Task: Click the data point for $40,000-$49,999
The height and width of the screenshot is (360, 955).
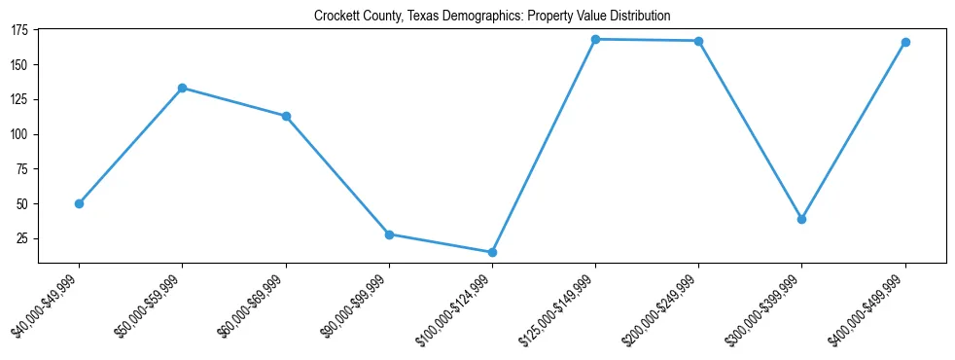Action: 79,203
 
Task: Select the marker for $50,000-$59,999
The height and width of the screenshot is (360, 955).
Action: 182,88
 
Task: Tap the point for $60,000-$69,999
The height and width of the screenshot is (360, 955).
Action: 286,116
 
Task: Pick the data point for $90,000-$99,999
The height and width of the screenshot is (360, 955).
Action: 389,234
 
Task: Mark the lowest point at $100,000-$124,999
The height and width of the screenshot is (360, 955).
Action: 492,252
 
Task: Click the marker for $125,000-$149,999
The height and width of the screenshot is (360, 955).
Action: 595,39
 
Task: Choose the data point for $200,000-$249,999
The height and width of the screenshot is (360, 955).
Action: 698,41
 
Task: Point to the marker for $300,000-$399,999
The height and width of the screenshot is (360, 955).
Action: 802,219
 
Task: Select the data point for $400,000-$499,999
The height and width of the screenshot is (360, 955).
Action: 905,42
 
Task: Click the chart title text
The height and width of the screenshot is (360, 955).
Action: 492,17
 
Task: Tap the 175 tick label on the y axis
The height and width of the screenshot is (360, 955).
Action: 19,30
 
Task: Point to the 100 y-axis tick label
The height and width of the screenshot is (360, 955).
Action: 19,134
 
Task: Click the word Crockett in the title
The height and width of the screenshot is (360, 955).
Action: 336,17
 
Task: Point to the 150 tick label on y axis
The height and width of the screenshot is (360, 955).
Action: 19,65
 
